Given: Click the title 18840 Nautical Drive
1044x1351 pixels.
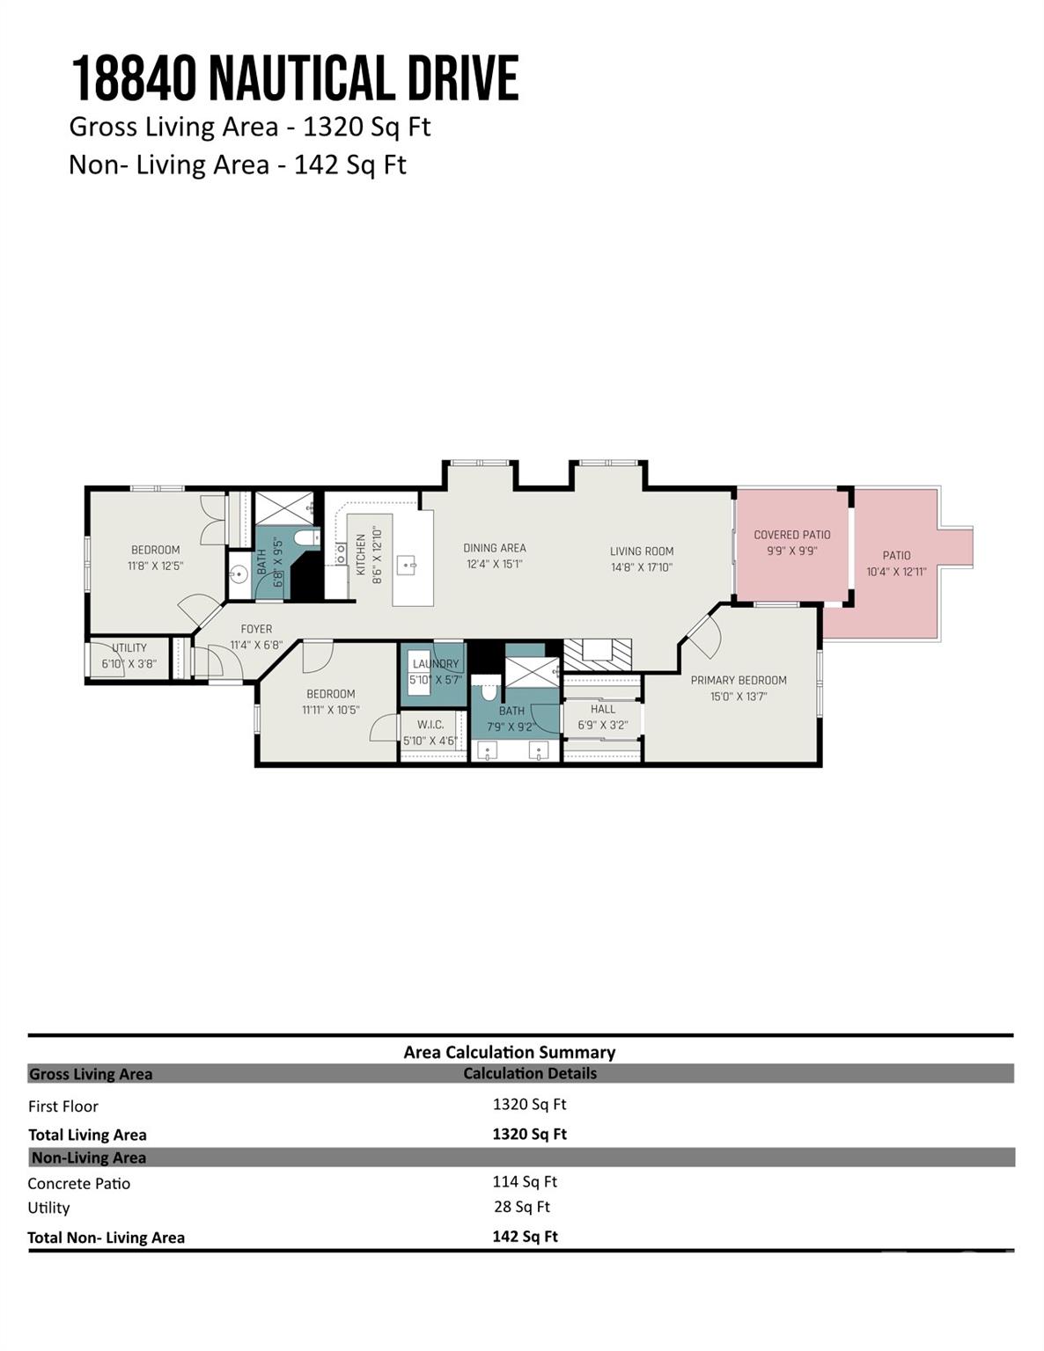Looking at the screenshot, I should click(x=294, y=79).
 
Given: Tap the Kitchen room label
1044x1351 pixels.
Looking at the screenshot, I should click(x=361, y=554).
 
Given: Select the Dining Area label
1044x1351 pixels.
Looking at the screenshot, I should click(x=494, y=548).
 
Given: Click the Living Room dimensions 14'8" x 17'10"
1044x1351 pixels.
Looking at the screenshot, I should click(x=641, y=567).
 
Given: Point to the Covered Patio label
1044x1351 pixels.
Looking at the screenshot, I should click(x=791, y=535).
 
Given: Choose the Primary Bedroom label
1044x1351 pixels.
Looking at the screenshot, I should click(x=738, y=680).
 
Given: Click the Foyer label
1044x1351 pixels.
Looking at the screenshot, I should click(x=256, y=629).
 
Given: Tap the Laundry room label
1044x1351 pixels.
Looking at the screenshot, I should click(x=435, y=664).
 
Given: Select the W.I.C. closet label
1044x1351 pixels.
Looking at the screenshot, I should click(x=430, y=725).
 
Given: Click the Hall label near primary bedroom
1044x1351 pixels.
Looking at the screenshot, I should click(x=603, y=709).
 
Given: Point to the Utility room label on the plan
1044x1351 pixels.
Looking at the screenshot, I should click(x=129, y=648).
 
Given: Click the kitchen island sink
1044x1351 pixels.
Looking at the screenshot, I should click(x=406, y=565).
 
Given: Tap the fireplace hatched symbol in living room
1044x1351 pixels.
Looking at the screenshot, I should click(x=598, y=652).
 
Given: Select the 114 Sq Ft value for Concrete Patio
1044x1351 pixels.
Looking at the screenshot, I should click(x=525, y=1181).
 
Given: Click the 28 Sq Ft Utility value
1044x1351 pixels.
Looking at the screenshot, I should click(x=521, y=1207).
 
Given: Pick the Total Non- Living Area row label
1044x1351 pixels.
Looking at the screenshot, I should click(x=106, y=1238).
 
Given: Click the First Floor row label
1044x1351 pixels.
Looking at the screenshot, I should click(x=62, y=1106).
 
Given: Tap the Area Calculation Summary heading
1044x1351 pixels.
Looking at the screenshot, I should click(x=509, y=1052).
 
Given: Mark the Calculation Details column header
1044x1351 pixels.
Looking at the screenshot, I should click(x=529, y=1073).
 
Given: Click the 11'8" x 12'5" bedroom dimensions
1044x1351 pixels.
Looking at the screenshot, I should click(x=155, y=566).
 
